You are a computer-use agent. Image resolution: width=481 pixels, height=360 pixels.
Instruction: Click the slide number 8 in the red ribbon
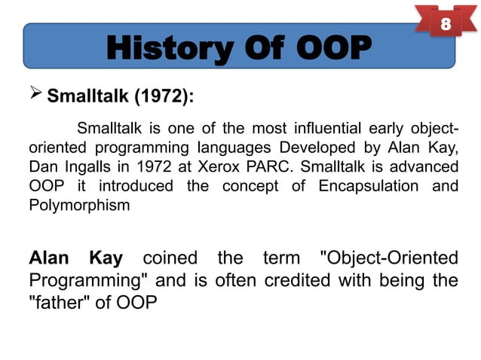pos(446,24)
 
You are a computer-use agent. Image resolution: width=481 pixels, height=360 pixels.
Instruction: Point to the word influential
pos(320,125)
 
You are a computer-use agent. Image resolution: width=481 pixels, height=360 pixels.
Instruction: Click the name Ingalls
pos(88,165)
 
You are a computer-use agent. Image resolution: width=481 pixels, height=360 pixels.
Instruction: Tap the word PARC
pos(264,165)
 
